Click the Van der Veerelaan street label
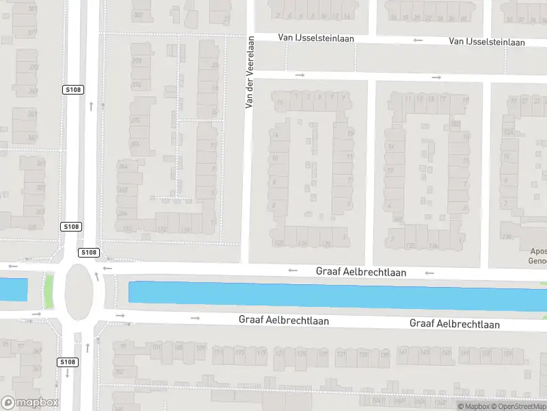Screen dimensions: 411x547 (x=250, y=72)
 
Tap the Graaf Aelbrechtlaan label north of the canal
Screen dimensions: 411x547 (x=361, y=272)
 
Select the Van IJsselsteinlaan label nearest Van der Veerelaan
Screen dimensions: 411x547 (x=316, y=38)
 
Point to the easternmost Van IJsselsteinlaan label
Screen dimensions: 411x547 (x=487, y=42)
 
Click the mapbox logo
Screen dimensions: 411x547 (x=29, y=403)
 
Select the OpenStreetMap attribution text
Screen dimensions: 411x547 (x=518, y=407)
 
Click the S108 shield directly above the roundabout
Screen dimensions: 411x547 (x=88, y=252)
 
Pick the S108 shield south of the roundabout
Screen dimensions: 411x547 (x=68, y=362)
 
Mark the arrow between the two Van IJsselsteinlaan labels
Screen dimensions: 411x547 (x=416, y=40)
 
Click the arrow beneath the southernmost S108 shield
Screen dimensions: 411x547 (x=68, y=373)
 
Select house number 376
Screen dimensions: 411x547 (x=136, y=85)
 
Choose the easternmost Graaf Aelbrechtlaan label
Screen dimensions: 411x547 (x=454, y=324)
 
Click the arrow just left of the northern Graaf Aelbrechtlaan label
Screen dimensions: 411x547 (x=293, y=270)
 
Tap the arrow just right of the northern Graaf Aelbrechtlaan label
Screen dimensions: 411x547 (x=429, y=273)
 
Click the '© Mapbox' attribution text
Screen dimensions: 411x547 (x=473, y=407)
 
